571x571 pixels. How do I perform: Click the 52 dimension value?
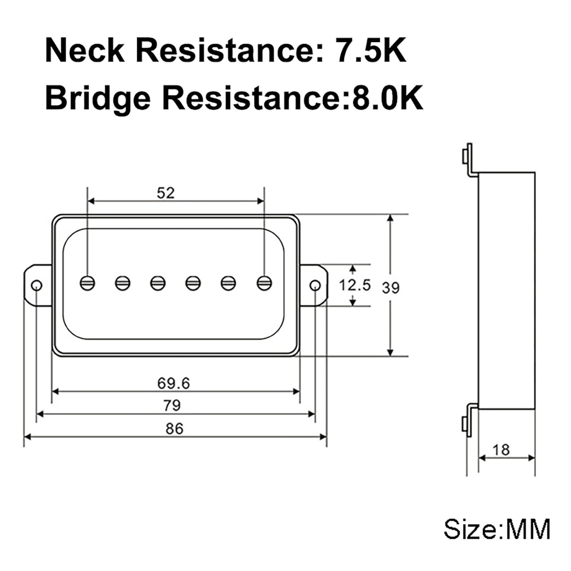pos(166,193)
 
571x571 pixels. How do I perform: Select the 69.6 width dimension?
pos(173,383)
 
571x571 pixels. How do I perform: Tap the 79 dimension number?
pos(172,405)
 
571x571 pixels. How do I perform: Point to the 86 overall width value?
pos(174,429)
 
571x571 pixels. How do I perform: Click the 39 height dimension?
pos(391,288)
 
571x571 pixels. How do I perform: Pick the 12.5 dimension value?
pos(354,285)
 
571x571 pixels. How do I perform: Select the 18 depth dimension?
pos(501,450)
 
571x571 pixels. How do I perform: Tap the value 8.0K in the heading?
pos(388,97)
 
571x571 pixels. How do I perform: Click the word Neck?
pos(85,51)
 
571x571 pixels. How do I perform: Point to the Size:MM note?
pos(497,529)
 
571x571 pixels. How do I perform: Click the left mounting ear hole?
pos(37,285)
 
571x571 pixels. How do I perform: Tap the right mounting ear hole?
pos(315,285)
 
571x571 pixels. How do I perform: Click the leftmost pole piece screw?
pos(88,283)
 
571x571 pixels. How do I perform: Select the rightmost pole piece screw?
pos(264,283)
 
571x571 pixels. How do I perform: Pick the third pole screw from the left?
pos(158,283)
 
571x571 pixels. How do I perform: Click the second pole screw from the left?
pos(123,283)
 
